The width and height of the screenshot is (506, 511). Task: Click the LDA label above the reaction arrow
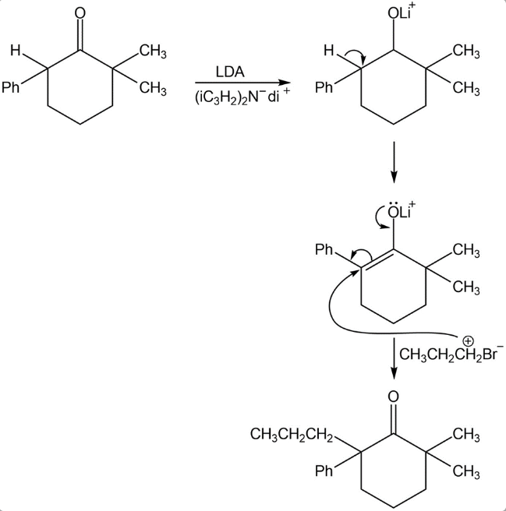coord(230,72)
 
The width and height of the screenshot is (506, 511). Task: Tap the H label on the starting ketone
coord(15,52)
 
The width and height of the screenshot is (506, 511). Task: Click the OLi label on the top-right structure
coord(399,13)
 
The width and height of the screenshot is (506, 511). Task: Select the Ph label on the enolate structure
coord(324,250)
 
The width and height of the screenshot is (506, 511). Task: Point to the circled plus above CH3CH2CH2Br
coord(468,340)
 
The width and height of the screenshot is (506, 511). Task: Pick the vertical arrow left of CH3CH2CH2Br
coord(394,358)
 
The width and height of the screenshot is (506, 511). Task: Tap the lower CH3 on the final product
coord(465,470)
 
